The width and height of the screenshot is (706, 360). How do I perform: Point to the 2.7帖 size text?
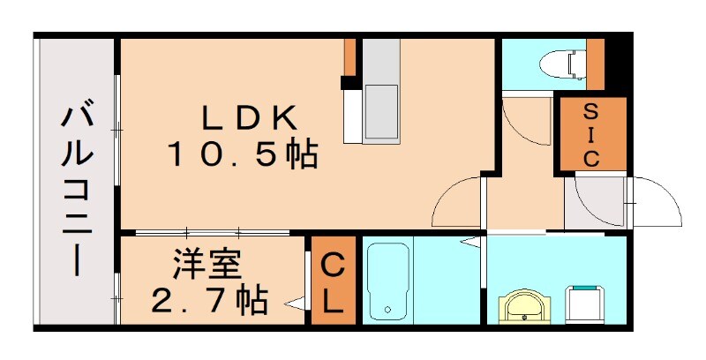(x=209, y=301)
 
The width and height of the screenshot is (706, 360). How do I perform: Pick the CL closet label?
(x=332, y=282)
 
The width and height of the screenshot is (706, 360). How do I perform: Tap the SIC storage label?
(x=590, y=134)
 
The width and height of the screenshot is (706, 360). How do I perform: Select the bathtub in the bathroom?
(x=387, y=281)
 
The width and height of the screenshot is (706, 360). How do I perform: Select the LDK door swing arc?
(x=457, y=203)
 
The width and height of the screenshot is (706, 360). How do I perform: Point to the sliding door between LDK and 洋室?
(x=212, y=233)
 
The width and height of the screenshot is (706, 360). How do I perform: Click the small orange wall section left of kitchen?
(x=349, y=58)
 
